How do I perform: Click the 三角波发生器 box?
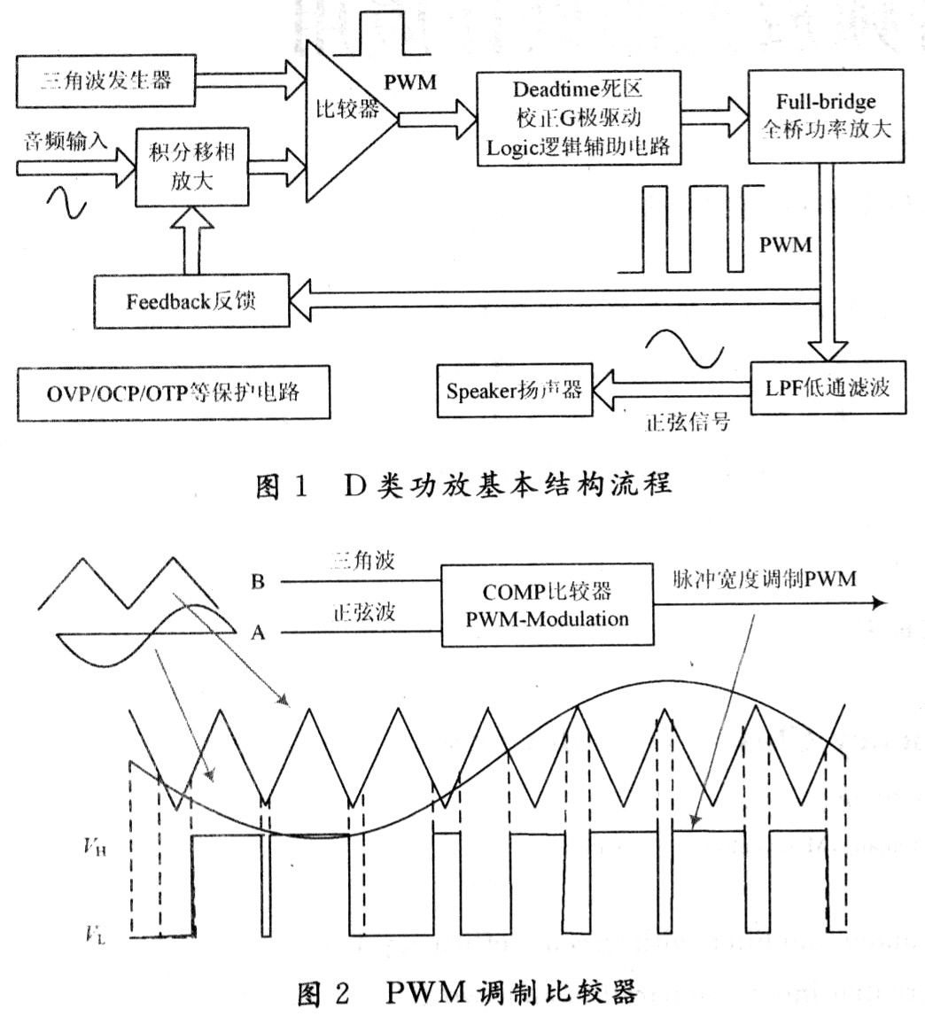coord(105,82)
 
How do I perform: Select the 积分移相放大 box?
coord(191,167)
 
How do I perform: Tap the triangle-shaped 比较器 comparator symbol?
coord(351,121)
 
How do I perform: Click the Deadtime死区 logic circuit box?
coord(579,118)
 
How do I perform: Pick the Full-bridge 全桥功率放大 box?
coord(826,116)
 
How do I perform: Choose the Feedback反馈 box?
coord(190,301)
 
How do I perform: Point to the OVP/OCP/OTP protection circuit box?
coord(173,392)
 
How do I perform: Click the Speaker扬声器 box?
coord(515,390)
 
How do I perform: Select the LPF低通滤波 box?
coord(828,387)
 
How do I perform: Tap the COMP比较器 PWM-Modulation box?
coord(547,604)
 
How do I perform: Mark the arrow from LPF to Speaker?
coord(672,389)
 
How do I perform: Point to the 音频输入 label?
coord(66,139)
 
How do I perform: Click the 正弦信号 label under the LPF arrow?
coord(688,423)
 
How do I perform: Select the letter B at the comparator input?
coord(258,581)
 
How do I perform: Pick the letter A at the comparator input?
coord(258,632)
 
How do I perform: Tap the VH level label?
coord(95,847)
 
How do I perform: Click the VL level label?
coord(95,935)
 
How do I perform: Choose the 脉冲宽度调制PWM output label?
coord(764,578)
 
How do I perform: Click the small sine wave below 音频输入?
coord(66,203)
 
